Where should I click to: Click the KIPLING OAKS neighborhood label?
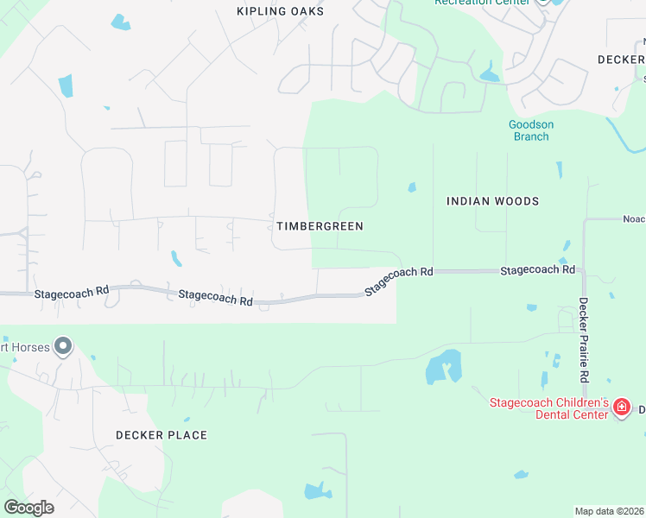click(x=281, y=11)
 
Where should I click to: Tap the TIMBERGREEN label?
click(x=320, y=226)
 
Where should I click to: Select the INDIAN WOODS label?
click(x=492, y=201)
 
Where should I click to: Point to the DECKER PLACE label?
click(x=161, y=435)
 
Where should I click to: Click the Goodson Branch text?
click(x=530, y=130)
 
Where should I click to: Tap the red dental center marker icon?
click(x=621, y=407)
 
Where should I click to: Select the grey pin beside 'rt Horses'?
click(x=62, y=347)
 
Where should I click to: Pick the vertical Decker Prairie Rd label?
click(x=584, y=340)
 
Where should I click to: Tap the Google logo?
click(x=28, y=507)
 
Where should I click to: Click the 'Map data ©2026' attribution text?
click(x=609, y=510)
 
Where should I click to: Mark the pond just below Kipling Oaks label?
click(x=120, y=22)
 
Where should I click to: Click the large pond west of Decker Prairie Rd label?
click(x=443, y=368)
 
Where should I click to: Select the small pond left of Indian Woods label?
click(x=412, y=186)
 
